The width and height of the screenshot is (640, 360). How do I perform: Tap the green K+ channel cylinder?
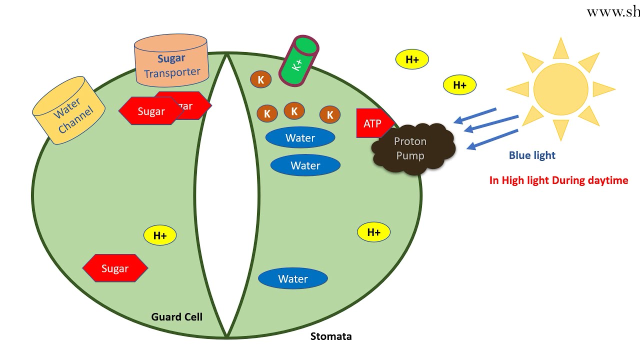(299, 61)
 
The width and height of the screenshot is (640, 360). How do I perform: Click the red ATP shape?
(372, 123)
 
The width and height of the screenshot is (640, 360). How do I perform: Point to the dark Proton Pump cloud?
(412, 149)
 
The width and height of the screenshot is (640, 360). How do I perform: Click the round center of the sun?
(560, 89)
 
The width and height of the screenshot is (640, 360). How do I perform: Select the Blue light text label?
(532, 155)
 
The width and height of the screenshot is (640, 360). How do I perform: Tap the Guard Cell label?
(176, 317)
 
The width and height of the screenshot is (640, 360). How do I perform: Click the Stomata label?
(331, 336)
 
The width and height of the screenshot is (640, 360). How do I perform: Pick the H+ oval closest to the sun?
(460, 85)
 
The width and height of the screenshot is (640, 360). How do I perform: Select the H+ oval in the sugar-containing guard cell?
(160, 235)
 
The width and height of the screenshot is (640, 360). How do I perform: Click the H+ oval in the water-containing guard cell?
(373, 232)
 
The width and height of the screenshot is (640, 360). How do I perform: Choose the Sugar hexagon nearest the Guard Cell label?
(115, 268)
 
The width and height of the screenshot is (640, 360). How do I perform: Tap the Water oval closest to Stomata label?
(293, 278)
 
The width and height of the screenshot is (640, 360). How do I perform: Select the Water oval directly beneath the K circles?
(300, 137)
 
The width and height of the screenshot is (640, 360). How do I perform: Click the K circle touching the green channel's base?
(260, 79)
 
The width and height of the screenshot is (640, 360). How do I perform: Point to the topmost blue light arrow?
(475, 115)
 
